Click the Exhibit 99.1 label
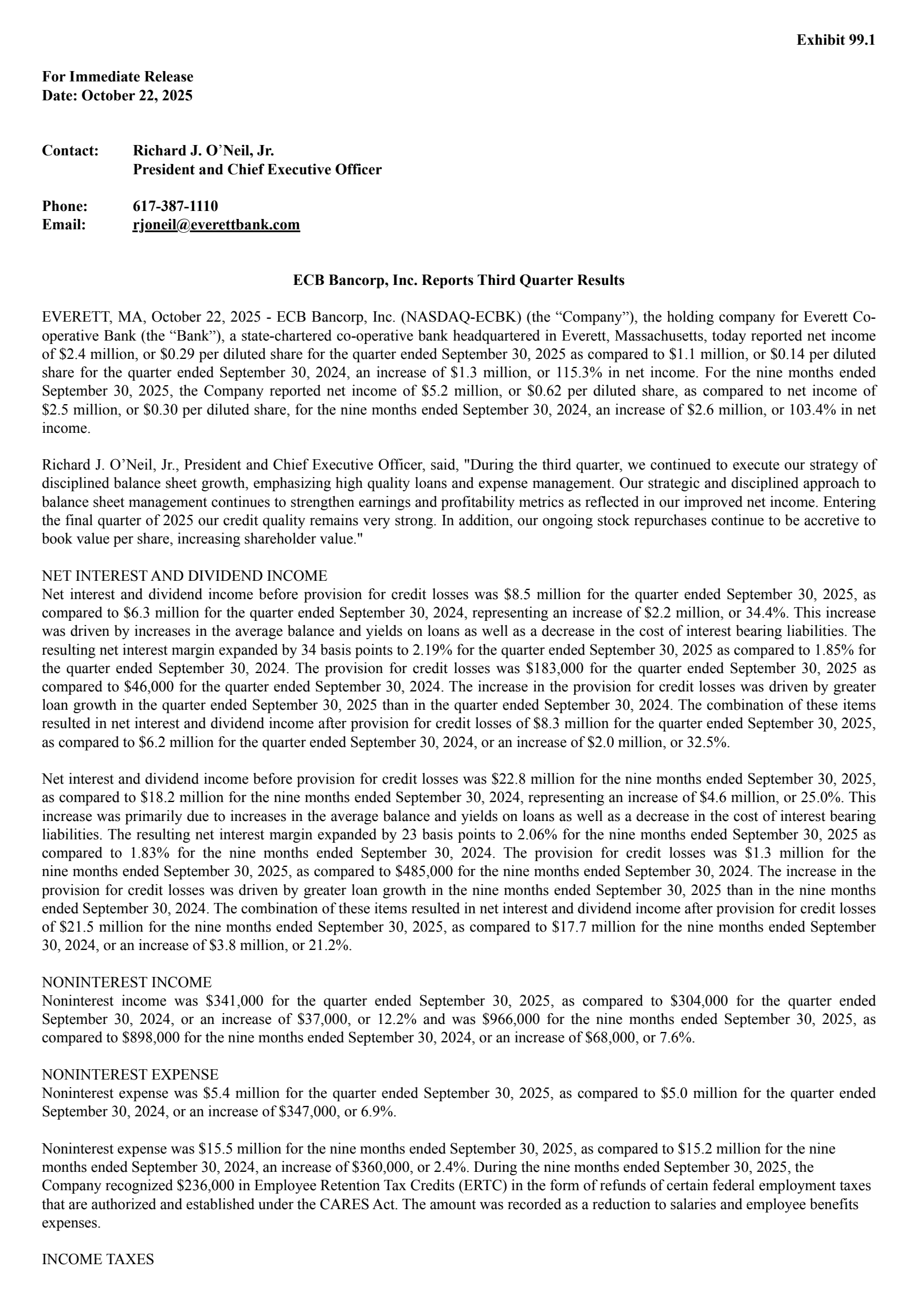[836, 40]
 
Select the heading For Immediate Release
[117, 77]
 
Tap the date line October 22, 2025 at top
[117, 95]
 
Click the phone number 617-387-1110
[175, 206]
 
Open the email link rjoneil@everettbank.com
[216, 225]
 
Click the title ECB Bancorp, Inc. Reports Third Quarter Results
[458, 280]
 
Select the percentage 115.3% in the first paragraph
[581, 373]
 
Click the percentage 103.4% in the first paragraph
[813, 410]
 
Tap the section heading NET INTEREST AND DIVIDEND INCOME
[185, 576]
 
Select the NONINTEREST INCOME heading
[127, 982]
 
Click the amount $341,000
[234, 1001]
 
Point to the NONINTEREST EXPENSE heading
[130, 1074]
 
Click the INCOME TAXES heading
[98, 1260]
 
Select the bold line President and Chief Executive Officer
[257, 170]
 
